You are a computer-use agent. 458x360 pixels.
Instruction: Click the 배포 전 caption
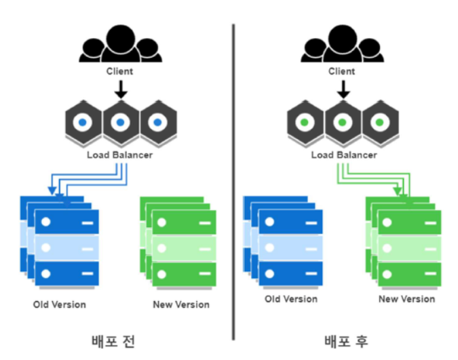pyautogui.click(x=113, y=340)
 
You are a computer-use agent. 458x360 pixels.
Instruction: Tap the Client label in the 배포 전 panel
pyautogui.click(x=119, y=71)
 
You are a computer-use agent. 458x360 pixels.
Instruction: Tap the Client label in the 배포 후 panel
pyautogui.click(x=342, y=71)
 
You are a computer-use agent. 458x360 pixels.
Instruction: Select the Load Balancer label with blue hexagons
pyautogui.click(x=119, y=155)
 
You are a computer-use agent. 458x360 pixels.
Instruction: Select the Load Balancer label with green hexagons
pyautogui.click(x=344, y=155)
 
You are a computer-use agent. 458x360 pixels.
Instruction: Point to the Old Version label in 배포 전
pyautogui.click(x=60, y=304)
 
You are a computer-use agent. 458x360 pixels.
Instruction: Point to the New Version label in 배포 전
pyautogui.click(x=181, y=304)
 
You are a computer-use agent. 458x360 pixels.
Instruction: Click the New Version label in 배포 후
pyautogui.click(x=407, y=299)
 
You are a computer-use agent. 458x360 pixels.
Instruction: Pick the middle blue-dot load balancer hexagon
pyautogui.click(x=120, y=123)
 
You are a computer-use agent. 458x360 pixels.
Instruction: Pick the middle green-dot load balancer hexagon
pyautogui.click(x=343, y=123)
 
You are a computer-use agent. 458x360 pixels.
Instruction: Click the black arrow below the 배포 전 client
pyautogui.click(x=120, y=89)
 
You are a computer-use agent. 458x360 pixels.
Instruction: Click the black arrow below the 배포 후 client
pyautogui.click(x=344, y=89)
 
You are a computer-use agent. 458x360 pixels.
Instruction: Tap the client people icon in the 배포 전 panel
pyautogui.click(x=120, y=45)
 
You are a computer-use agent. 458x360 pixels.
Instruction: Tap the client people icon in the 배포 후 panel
pyautogui.click(x=342, y=45)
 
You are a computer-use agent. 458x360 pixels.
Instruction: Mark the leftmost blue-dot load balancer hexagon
pyautogui.click(x=82, y=123)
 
